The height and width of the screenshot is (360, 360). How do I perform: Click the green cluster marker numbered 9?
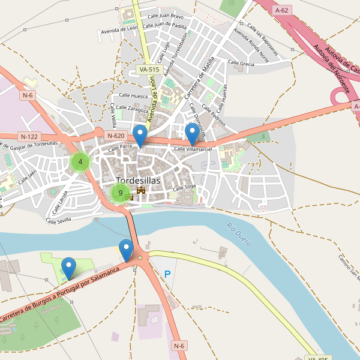click(121, 193)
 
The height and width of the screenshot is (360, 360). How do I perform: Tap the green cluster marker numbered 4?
click(80, 161)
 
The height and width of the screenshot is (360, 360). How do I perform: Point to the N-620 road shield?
click(116, 136)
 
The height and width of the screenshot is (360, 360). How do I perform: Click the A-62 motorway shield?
click(281, 10)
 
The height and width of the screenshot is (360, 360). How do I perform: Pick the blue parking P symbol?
click(167, 274)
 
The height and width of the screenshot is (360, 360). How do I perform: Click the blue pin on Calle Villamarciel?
click(193, 133)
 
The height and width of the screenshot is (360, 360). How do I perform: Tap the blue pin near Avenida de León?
click(140, 136)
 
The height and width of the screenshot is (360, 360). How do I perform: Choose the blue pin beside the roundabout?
click(126, 249)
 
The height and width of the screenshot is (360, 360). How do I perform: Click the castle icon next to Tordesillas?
click(142, 190)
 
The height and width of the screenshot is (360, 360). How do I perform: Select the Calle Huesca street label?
click(133, 95)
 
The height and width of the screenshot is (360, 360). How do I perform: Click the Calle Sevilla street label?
click(60, 221)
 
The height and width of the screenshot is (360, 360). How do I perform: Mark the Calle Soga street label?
click(185, 188)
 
